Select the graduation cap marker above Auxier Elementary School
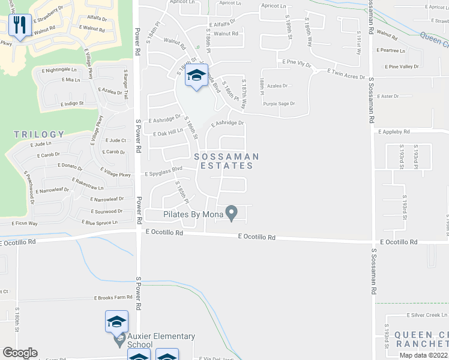(116, 322)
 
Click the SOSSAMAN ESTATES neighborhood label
(226, 161)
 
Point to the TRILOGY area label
(39, 134)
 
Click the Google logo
(20, 353)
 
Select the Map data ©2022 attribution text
(424, 355)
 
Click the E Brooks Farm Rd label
(113, 298)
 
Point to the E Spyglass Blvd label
(163, 171)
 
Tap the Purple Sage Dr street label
(279, 104)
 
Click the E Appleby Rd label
(393, 131)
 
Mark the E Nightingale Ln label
(59, 70)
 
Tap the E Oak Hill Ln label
(167, 133)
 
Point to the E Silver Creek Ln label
(427, 315)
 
